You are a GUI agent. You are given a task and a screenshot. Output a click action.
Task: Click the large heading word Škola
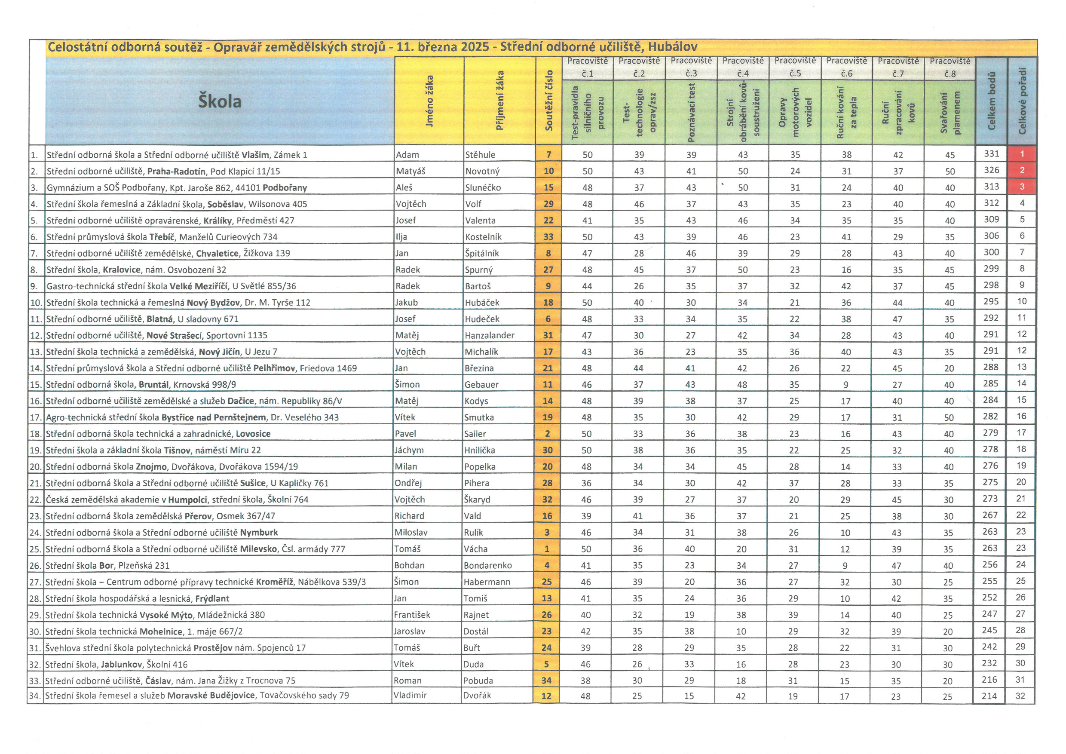pos(220,101)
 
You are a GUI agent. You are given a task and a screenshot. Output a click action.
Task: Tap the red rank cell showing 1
pos(1022,153)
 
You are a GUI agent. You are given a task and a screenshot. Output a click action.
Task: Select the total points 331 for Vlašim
pos(991,153)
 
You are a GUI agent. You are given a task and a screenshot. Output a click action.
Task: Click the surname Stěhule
pos(480,155)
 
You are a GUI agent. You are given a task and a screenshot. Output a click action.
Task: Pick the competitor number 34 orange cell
pos(546,680)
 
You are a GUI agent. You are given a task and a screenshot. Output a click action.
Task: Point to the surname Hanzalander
pos(489,335)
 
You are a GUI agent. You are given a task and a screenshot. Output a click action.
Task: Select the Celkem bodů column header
pos(991,101)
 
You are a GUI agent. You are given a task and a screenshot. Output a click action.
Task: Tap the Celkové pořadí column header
pos(1022,101)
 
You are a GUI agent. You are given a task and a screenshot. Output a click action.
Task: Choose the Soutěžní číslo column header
pos(548,100)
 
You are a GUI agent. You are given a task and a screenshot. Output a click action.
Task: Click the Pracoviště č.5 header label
pos(795,67)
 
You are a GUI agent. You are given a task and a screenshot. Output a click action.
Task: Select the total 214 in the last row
pos(989,696)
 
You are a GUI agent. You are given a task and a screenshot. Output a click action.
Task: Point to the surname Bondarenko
pos(487,565)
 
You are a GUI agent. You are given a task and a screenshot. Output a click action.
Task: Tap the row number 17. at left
pos(36,417)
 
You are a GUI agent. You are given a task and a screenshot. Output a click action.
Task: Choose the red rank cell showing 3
pos(1022,187)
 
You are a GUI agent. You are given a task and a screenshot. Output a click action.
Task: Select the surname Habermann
pos(487,582)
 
